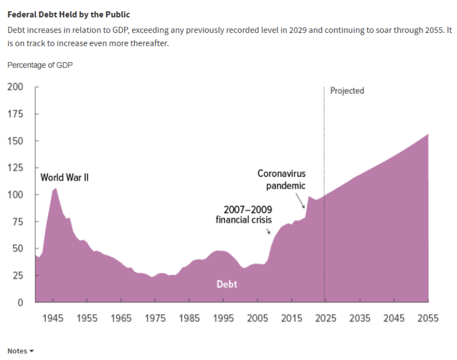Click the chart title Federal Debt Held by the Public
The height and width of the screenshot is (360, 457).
pyautogui.click(x=69, y=14)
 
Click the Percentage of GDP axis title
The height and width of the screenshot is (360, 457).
pyautogui.click(x=40, y=65)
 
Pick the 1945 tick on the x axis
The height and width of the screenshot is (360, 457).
pyautogui.click(x=53, y=318)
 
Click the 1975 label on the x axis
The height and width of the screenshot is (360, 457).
pyautogui.click(x=155, y=318)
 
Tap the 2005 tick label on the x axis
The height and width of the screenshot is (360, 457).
pyautogui.click(x=258, y=318)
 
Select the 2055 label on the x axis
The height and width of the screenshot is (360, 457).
pyautogui.click(x=428, y=318)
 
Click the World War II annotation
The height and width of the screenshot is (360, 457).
pyautogui.click(x=64, y=178)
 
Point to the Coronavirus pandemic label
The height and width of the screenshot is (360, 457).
pyautogui.click(x=282, y=180)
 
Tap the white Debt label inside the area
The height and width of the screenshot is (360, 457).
pyautogui.click(x=227, y=284)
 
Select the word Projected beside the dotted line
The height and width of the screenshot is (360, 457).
pyautogui.click(x=347, y=91)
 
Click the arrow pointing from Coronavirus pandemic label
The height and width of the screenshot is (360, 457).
pyautogui.click(x=301, y=201)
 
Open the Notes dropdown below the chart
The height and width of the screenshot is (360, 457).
pyautogui.click(x=20, y=351)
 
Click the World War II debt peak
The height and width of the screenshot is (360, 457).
pyautogui.click(x=56, y=188)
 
